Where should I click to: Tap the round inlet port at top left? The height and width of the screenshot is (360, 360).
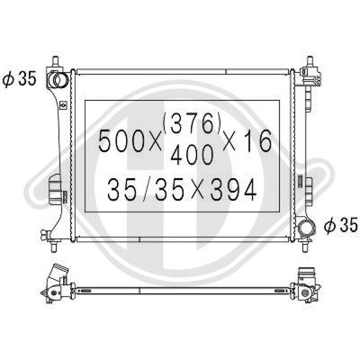[x=61, y=78]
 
